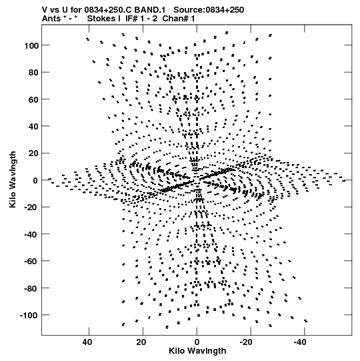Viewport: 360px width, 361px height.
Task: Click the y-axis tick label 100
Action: (x=31, y=46)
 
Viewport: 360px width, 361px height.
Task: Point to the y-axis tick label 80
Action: (x=33, y=73)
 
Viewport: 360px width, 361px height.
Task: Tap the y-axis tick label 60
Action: (x=33, y=99)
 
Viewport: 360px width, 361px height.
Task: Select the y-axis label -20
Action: (x=31, y=208)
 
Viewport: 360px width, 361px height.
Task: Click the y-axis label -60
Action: (x=31, y=262)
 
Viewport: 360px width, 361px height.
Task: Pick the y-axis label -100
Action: (x=29, y=315)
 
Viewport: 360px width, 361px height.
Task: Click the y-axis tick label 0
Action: (x=35, y=180)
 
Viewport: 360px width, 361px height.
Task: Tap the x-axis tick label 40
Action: (x=87, y=342)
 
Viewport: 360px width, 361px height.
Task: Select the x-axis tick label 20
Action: (x=141, y=342)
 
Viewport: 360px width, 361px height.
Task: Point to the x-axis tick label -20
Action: (x=246, y=342)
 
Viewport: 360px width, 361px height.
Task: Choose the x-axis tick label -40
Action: (x=300, y=342)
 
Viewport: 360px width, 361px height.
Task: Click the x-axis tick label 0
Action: (x=197, y=342)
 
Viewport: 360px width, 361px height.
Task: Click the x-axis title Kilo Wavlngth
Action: (x=197, y=351)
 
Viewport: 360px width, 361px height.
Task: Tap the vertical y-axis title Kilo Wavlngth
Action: (x=13, y=179)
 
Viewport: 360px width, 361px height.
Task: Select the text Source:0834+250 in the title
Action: (x=209, y=10)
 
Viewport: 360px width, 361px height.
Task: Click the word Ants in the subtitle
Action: (x=51, y=19)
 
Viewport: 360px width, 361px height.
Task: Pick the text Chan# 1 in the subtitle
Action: (x=179, y=19)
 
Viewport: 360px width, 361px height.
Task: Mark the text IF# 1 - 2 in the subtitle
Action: (x=141, y=19)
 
